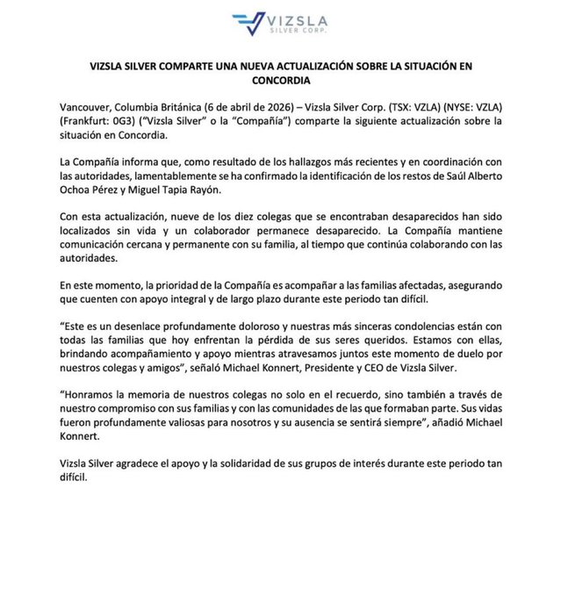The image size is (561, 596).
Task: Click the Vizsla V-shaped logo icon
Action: (x=250, y=23)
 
